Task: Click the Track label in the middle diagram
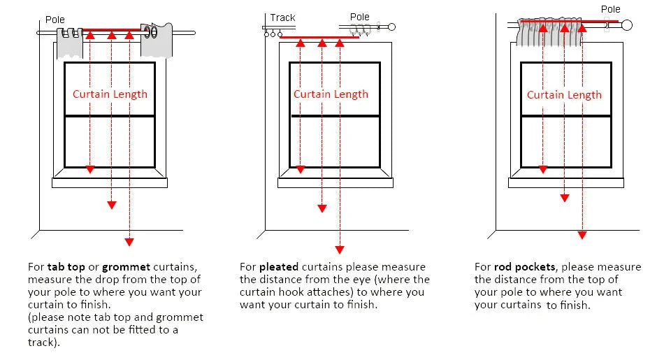[x=282, y=17]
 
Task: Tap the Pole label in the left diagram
[x=55, y=20]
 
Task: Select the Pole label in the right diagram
[x=610, y=9]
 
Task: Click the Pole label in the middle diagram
[x=359, y=17]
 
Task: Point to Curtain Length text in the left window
[x=110, y=94]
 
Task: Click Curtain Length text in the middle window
[x=331, y=94]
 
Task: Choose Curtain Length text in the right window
[x=564, y=95]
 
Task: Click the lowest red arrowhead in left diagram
[x=129, y=242]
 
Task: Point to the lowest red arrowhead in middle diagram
[x=340, y=249]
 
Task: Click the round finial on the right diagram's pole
[x=626, y=26]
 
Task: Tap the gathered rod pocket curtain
[x=552, y=33]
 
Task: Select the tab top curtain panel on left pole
[x=69, y=43]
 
